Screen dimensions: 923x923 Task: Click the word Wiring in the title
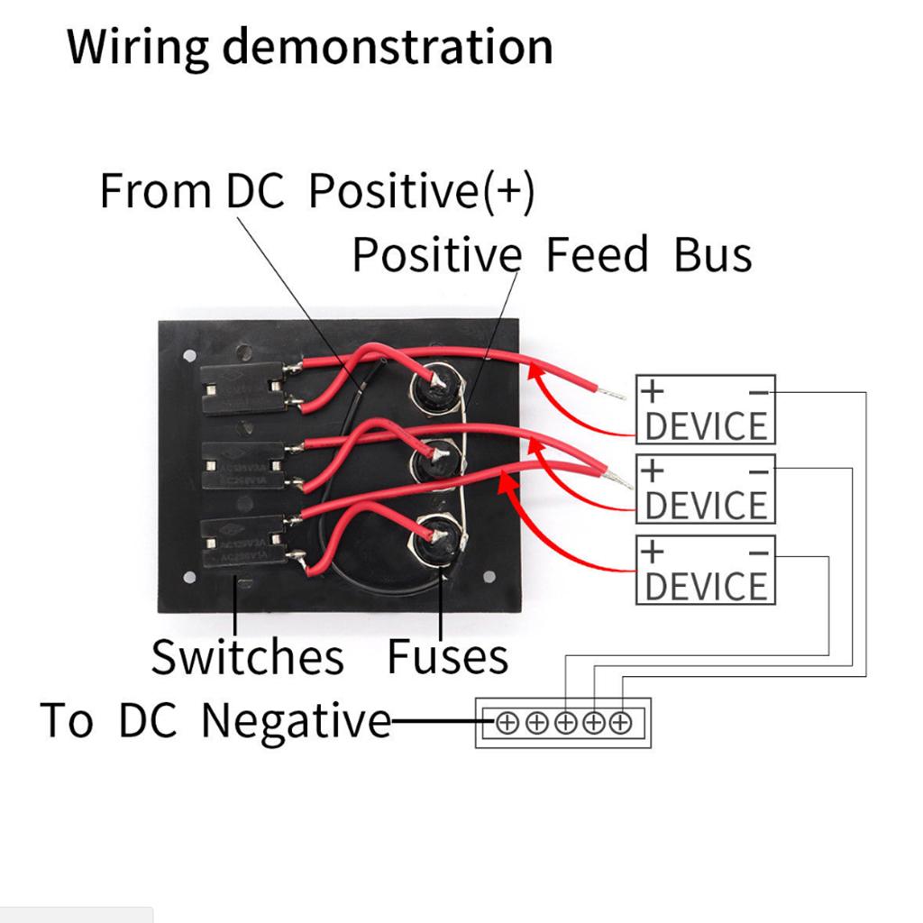[137, 47]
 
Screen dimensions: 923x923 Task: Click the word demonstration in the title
[388, 47]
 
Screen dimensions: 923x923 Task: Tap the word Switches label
[247, 657]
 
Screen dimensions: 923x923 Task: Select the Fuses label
[448, 657]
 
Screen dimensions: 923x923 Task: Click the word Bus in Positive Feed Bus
[712, 255]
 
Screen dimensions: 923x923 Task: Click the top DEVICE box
[706, 410]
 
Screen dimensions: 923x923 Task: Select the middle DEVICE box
[706, 489]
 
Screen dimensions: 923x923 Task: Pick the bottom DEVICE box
[706, 570]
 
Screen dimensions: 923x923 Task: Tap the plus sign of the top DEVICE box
[652, 391]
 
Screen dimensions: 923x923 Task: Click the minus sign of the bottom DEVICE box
[759, 551]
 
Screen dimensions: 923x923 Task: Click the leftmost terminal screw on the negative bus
[507, 722]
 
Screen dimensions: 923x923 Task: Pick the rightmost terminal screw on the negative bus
[621, 722]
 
